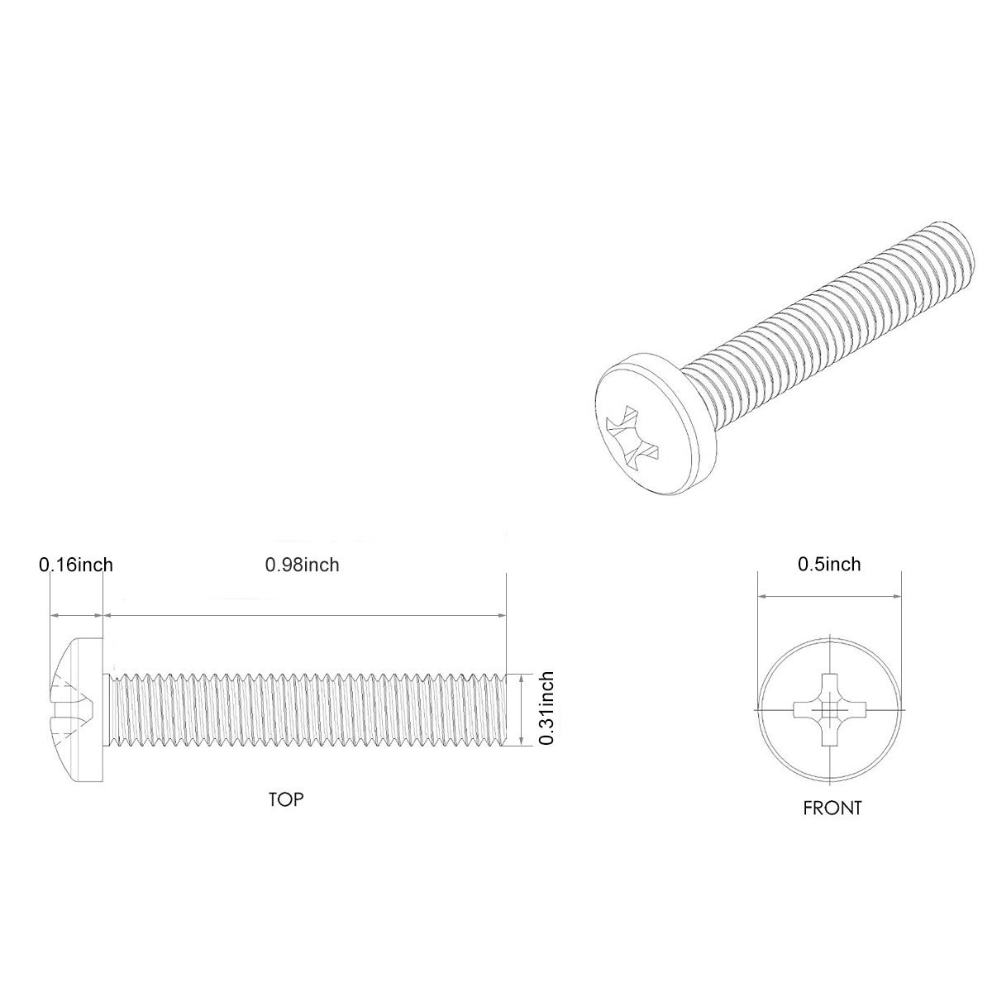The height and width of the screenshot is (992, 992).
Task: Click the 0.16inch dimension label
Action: tap(75, 565)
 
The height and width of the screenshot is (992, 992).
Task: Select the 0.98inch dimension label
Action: tap(302, 565)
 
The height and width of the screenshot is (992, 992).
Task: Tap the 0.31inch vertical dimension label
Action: tap(546, 709)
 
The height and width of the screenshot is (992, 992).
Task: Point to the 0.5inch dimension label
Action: tap(828, 564)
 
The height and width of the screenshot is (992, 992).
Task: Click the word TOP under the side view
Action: tap(285, 799)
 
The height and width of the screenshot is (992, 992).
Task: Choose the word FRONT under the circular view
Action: tap(832, 808)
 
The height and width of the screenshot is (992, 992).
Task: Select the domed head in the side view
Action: tap(74, 708)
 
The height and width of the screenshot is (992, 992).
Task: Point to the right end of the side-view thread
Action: tap(501, 709)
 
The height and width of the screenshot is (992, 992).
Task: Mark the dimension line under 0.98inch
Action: tap(303, 615)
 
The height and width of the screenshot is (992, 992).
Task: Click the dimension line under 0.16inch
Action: tap(76, 615)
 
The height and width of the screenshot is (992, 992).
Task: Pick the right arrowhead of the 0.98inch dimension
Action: tap(500, 615)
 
